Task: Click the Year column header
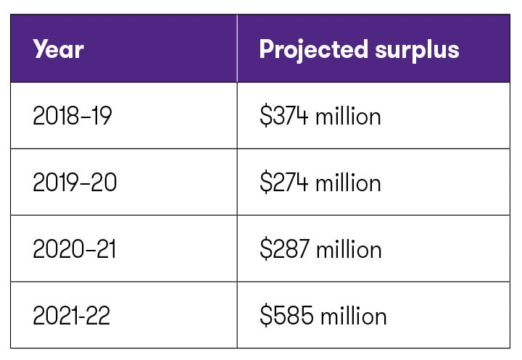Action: (58, 49)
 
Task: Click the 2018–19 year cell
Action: (72, 116)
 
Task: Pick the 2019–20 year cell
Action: (75, 183)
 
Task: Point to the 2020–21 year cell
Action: (74, 249)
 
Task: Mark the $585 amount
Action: (287, 316)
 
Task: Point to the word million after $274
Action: (348, 183)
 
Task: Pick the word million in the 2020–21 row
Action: (349, 249)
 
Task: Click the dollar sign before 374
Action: (265, 116)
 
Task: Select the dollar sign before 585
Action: (265, 316)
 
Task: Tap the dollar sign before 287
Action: (265, 249)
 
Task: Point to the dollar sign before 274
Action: (265, 183)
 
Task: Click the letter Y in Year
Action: (40, 49)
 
